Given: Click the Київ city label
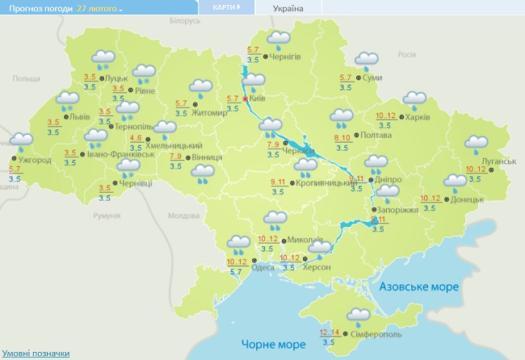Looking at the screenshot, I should tap(258, 98).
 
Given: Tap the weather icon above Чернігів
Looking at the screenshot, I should tap(279, 39).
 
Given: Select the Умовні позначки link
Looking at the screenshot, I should tap(35, 354).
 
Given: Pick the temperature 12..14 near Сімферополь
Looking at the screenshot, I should tap(329, 332).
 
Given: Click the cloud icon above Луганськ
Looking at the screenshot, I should tap(477, 144).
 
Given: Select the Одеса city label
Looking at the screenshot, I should tap(262, 268).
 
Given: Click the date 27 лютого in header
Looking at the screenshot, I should tap(100, 7).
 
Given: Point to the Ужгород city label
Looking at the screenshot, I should tap(34, 161).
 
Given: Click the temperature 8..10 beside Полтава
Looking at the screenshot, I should tap(342, 138).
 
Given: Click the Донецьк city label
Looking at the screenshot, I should tap(468, 199).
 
